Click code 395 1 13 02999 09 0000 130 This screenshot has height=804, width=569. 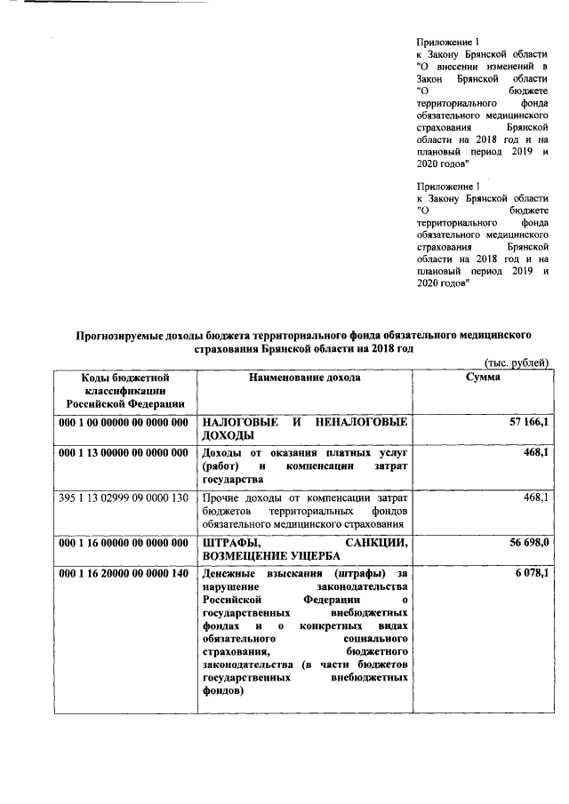pos(123,498)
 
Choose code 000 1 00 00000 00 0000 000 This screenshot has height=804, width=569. pos(123,421)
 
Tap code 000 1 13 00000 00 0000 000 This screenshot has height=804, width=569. pos(123,453)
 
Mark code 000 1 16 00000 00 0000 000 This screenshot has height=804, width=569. pos(123,542)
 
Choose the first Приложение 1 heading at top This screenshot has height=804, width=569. pos(448,42)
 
